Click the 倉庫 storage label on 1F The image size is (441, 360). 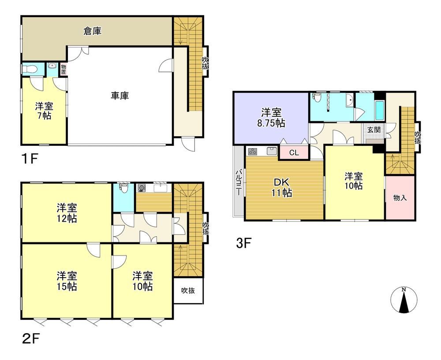point(92,31)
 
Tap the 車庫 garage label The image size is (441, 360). point(120,96)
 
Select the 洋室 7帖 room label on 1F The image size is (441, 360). point(44,111)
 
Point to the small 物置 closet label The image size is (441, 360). point(64,70)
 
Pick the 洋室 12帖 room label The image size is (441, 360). point(67,213)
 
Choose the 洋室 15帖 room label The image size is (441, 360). point(67,281)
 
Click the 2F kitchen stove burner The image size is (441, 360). point(142,188)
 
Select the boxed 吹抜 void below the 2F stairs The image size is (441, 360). point(188,290)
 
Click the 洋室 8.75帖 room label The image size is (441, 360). point(271,118)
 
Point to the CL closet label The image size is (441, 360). point(294,153)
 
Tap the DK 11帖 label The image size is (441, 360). point(281,188)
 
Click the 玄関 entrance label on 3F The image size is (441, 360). point(374,130)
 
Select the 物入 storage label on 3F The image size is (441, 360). point(400,198)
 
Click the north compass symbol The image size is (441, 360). point(404,300)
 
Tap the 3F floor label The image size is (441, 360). point(243,243)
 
